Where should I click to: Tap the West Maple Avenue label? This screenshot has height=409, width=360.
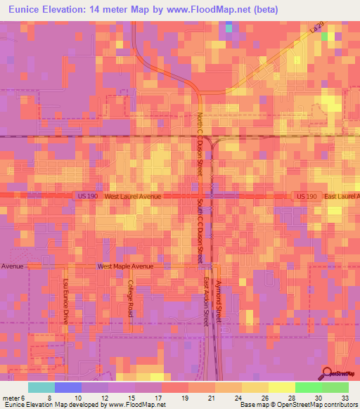click(124, 266)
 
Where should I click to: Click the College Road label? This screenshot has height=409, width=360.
click(131, 298)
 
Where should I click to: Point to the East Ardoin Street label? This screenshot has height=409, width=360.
click(207, 301)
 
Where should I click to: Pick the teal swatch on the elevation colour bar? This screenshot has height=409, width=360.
click(41, 387)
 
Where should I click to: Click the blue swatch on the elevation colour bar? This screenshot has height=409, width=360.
click(68, 387)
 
